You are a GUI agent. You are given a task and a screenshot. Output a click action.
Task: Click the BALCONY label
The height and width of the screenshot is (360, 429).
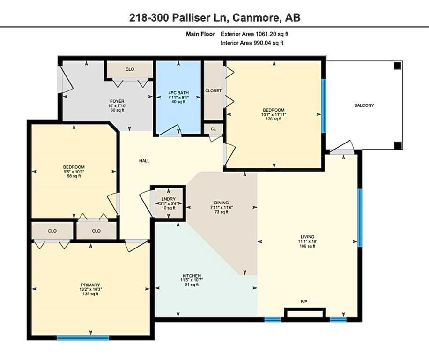pyautogui.click(x=364, y=105)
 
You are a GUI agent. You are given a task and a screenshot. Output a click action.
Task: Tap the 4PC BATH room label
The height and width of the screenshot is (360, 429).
pyautogui.click(x=178, y=93)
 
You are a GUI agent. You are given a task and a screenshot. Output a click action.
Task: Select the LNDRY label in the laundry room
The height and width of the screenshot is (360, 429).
pyautogui.click(x=169, y=199)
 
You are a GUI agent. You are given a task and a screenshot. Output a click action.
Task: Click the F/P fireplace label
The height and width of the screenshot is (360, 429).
pyautogui.click(x=304, y=302)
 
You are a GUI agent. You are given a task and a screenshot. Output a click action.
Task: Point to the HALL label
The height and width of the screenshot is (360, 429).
pyautogui.click(x=144, y=161)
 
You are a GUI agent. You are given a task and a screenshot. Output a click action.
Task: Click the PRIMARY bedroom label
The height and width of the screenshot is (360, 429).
pyautogui.click(x=90, y=285)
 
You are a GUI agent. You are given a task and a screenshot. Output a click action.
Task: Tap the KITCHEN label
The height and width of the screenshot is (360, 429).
pyautogui.click(x=192, y=276)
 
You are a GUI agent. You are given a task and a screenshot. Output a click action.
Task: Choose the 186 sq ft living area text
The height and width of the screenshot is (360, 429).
pyautogui.click(x=307, y=246)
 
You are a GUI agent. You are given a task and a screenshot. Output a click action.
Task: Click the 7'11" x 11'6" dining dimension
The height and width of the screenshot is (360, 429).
pyautogui.click(x=222, y=207)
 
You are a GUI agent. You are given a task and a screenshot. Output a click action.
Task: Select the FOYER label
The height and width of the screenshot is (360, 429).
pyautogui.click(x=117, y=101)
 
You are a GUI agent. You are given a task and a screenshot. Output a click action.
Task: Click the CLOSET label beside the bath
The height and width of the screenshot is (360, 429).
pyautogui.click(x=214, y=90)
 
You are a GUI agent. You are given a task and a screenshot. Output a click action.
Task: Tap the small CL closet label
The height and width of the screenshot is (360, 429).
pyautogui.click(x=214, y=128)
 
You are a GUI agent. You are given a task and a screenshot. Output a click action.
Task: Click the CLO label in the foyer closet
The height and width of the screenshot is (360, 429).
pyautogui.click(x=130, y=69)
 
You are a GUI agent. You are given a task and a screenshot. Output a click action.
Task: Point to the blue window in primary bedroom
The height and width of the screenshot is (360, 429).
pyautogui.click(x=83, y=338)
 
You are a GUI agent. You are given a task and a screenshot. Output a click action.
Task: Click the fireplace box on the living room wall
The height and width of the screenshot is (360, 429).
pyautogui.click(x=305, y=313)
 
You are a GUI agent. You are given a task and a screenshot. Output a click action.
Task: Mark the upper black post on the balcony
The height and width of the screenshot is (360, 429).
pyautogui.click(x=398, y=66)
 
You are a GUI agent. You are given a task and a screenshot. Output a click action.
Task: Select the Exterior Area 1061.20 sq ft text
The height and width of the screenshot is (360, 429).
pyautogui.click(x=254, y=34)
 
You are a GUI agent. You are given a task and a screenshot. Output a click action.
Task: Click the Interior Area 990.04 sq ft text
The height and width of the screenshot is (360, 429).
pyautogui.click(x=252, y=43)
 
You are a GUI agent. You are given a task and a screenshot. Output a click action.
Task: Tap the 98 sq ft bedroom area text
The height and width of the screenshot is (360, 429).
pyautogui.click(x=74, y=176)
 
